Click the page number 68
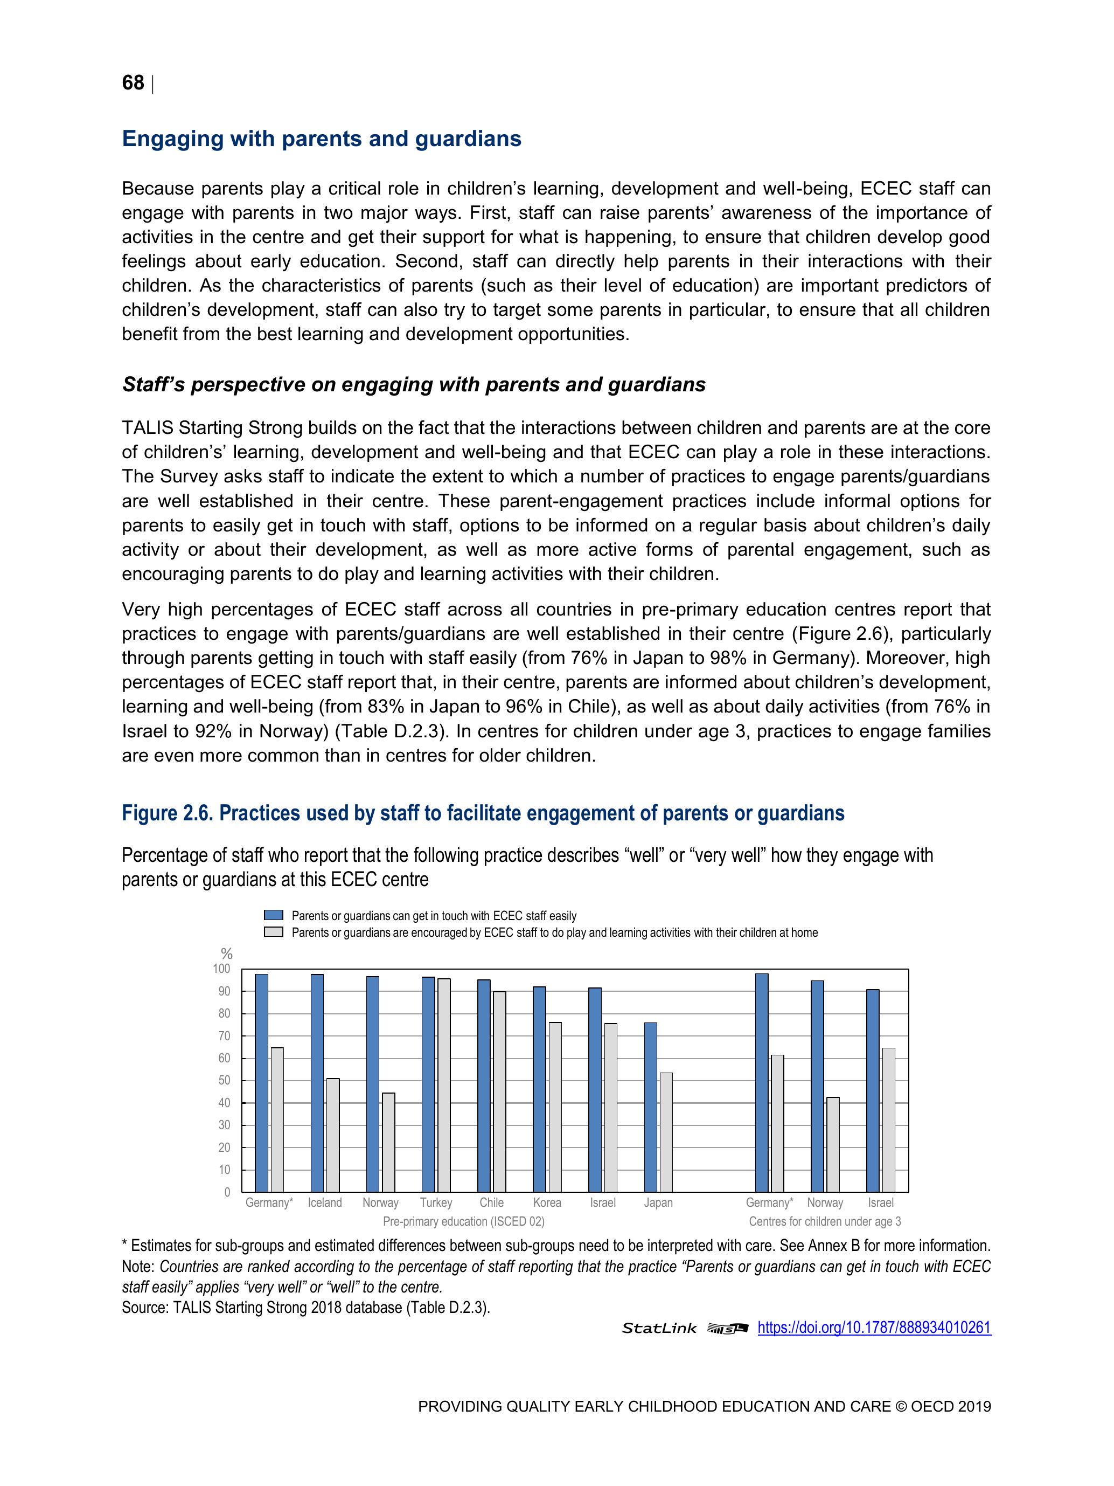click(133, 84)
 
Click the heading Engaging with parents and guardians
click(322, 139)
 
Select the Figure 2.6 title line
click(483, 813)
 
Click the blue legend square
click(273, 915)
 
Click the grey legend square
click(273, 932)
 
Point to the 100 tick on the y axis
click(221, 969)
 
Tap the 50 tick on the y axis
click(224, 1080)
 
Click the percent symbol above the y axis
click(227, 953)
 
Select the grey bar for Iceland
click(333, 1135)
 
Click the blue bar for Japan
click(651, 1107)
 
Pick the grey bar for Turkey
click(444, 1085)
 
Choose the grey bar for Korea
click(555, 1107)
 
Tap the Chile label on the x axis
click(491, 1202)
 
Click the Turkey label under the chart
click(436, 1202)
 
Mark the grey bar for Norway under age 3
click(833, 1145)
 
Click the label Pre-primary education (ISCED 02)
click(463, 1221)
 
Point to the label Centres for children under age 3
click(825, 1221)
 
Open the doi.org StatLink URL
click(874, 1328)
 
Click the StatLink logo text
click(659, 1329)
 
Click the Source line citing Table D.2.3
click(305, 1307)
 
